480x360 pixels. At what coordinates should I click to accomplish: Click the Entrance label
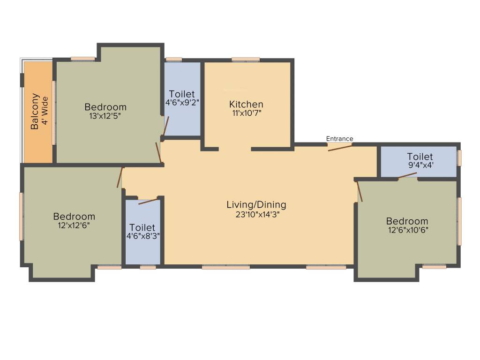pyautogui.click(x=339, y=139)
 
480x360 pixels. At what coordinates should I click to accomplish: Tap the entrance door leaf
pyautogui.click(x=340, y=148)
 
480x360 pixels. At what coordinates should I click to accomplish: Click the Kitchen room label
pyautogui.click(x=246, y=105)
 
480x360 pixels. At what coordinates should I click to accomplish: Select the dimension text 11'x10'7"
pyautogui.click(x=246, y=113)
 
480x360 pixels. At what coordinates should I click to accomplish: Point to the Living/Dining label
pyautogui.click(x=256, y=205)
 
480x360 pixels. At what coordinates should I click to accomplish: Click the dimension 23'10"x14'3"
pyautogui.click(x=256, y=215)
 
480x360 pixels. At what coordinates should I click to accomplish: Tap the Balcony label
pyautogui.click(x=35, y=112)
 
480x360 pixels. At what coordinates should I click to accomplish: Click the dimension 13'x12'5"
pyautogui.click(x=105, y=116)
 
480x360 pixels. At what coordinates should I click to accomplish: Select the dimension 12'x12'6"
pyautogui.click(x=74, y=225)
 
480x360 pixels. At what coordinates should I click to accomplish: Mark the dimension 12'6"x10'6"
pyautogui.click(x=407, y=230)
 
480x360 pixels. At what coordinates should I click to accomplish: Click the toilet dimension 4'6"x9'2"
pyautogui.click(x=182, y=103)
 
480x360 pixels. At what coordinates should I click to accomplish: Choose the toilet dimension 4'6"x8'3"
pyautogui.click(x=142, y=236)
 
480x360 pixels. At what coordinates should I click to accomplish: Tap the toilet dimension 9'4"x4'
pyautogui.click(x=420, y=165)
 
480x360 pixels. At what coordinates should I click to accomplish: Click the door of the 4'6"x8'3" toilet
pyautogui.click(x=148, y=202)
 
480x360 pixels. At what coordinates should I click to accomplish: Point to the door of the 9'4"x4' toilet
pyautogui.click(x=407, y=176)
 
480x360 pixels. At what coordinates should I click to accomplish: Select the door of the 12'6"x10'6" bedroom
pyautogui.click(x=360, y=191)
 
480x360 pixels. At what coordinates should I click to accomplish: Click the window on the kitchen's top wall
pyautogui.click(x=246, y=60)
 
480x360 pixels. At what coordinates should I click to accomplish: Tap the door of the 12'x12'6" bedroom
pyautogui.click(x=120, y=177)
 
